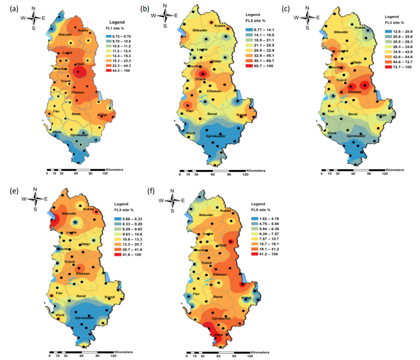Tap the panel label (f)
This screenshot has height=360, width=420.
click(x=151, y=190)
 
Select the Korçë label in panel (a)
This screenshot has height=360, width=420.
click(x=102, y=115)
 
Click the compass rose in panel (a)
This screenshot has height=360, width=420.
click(x=34, y=18)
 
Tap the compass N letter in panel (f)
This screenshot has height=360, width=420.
click(x=172, y=190)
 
